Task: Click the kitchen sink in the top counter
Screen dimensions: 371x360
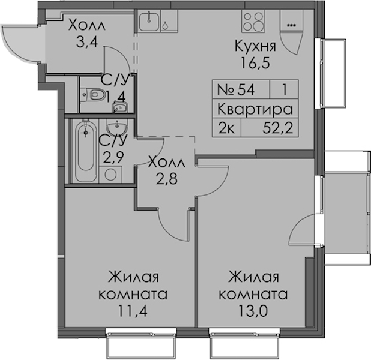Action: tap(149, 21)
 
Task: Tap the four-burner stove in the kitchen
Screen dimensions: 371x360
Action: tap(253, 21)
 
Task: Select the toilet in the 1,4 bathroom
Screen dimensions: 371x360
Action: tap(93, 95)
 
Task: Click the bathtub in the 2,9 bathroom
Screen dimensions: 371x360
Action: tap(86, 151)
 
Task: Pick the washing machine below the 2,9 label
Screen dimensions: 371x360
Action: tap(110, 175)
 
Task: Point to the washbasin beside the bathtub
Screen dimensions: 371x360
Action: tap(117, 127)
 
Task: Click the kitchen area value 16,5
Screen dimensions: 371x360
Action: tap(256, 62)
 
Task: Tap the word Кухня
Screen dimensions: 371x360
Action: tap(256, 46)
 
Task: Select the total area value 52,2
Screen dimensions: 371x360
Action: tap(278, 129)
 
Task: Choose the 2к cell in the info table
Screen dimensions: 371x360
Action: tap(227, 129)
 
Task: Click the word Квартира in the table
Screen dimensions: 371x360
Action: tap(255, 109)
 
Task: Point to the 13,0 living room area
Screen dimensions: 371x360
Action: tap(253, 311)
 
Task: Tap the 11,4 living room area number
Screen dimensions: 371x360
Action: tap(133, 311)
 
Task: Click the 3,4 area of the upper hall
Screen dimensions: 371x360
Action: tap(87, 42)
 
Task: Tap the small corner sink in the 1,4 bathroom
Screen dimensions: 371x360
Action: tap(121, 107)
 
